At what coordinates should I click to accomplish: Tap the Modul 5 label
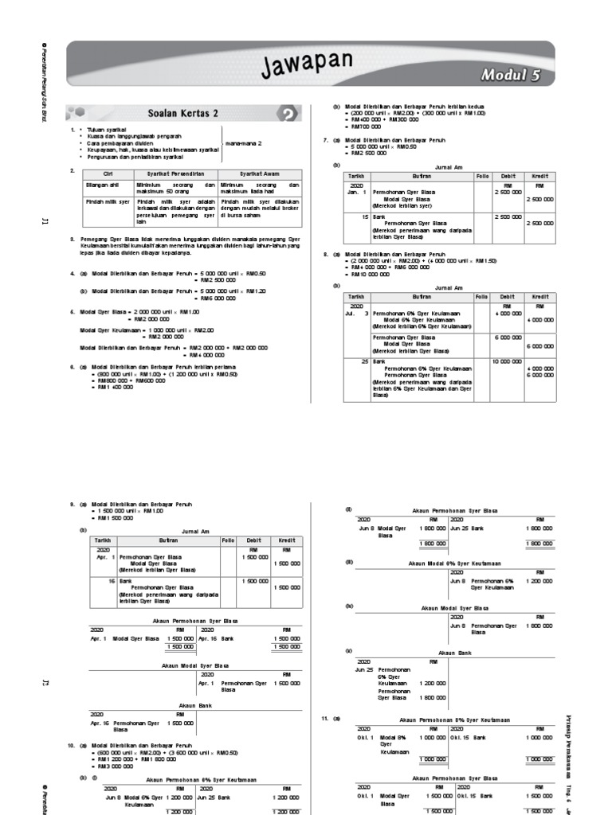coord(511,76)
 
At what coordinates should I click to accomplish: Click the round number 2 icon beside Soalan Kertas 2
coord(290,114)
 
